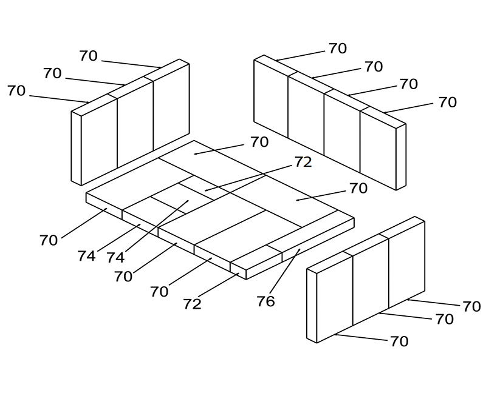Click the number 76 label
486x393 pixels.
click(266, 301)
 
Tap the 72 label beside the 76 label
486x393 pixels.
click(192, 304)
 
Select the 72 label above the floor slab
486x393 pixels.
click(303, 162)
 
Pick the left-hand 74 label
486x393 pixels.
click(86, 256)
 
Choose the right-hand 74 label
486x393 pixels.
click(115, 258)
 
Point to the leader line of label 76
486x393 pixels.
click(285, 270)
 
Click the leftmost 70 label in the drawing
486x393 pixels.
click(16, 90)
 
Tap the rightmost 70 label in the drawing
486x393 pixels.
click(472, 306)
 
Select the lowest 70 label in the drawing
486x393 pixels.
click(399, 341)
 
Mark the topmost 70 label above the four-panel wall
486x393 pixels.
click(338, 49)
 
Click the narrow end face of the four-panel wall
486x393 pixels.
click(401, 157)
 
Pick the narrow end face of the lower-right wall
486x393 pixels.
click(312, 306)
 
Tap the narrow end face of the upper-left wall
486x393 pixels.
click(77, 149)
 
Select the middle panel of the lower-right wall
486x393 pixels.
click(371, 281)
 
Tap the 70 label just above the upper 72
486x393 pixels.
click(259, 142)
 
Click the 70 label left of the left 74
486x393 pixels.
click(49, 240)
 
